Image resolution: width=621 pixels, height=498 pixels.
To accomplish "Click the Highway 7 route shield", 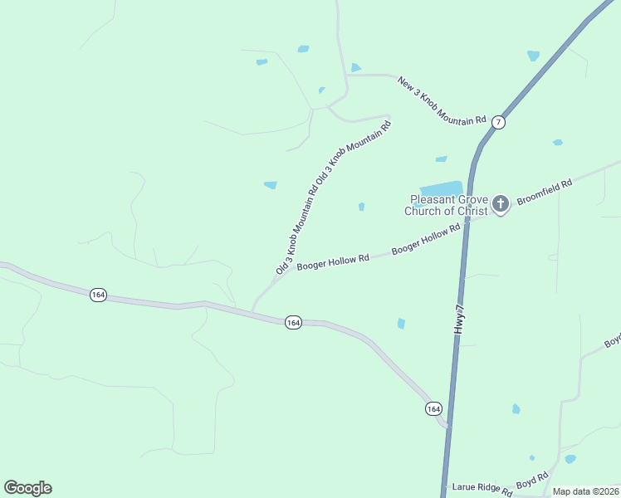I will [498, 122].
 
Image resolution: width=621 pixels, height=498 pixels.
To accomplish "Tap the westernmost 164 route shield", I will [99, 295].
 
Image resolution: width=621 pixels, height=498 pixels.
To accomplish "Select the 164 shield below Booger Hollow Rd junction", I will [293, 322].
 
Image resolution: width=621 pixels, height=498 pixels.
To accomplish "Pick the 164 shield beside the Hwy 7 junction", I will [433, 409].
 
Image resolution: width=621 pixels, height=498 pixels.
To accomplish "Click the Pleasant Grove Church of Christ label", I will [447, 205].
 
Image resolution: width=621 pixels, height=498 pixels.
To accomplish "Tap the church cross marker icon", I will [501, 203].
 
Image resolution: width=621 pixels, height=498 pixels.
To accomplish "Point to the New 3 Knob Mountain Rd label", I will [442, 100].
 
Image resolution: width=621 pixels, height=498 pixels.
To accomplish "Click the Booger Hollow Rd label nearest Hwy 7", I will [426, 239].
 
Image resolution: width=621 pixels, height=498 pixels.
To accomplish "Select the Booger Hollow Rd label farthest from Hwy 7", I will [333, 261].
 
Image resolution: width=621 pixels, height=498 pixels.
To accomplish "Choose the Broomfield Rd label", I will [545, 192].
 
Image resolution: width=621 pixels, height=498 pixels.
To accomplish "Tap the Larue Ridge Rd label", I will [482, 490].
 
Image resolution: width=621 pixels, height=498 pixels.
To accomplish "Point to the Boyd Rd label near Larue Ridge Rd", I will [532, 481].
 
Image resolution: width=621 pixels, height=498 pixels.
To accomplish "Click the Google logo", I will [27, 488].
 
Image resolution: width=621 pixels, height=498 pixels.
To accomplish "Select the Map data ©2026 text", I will [585, 491].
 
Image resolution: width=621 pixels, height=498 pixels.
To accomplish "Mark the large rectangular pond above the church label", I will [440, 188].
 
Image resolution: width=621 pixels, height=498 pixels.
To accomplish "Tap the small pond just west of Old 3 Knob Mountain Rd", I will [270, 184].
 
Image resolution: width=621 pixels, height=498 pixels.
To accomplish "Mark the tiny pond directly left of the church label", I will [361, 207].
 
